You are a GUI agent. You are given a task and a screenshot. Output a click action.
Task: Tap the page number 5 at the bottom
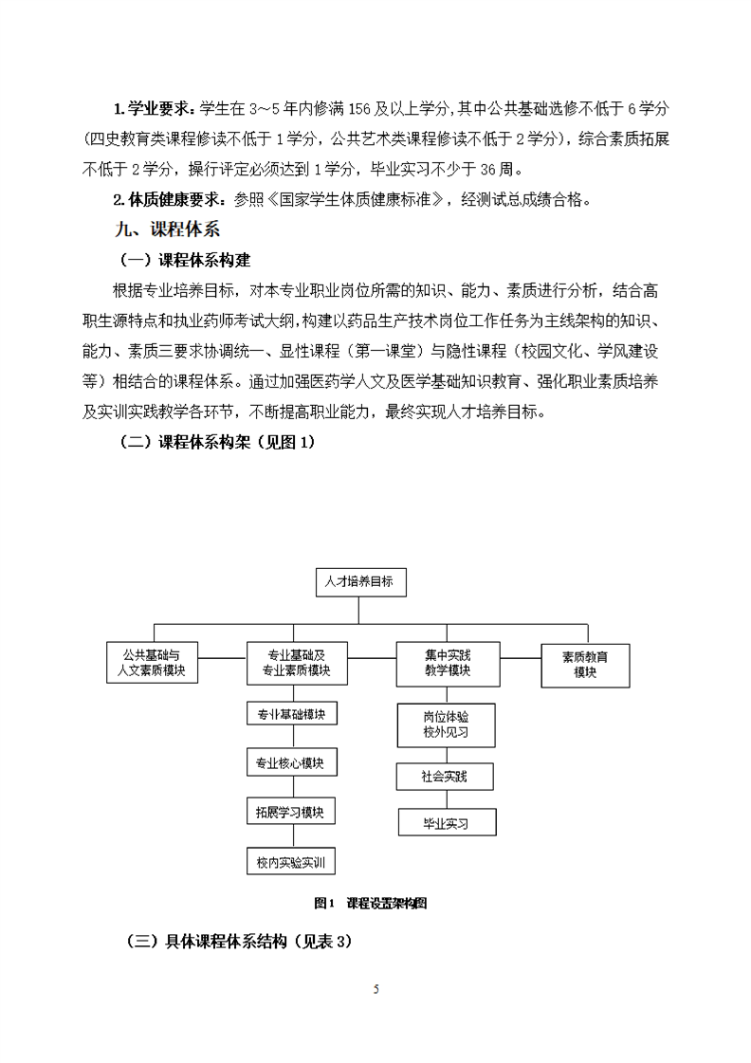click(x=376, y=989)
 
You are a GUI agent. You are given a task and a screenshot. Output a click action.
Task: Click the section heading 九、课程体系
click(x=167, y=230)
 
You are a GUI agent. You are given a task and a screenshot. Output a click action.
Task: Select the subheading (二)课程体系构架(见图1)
click(x=216, y=442)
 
